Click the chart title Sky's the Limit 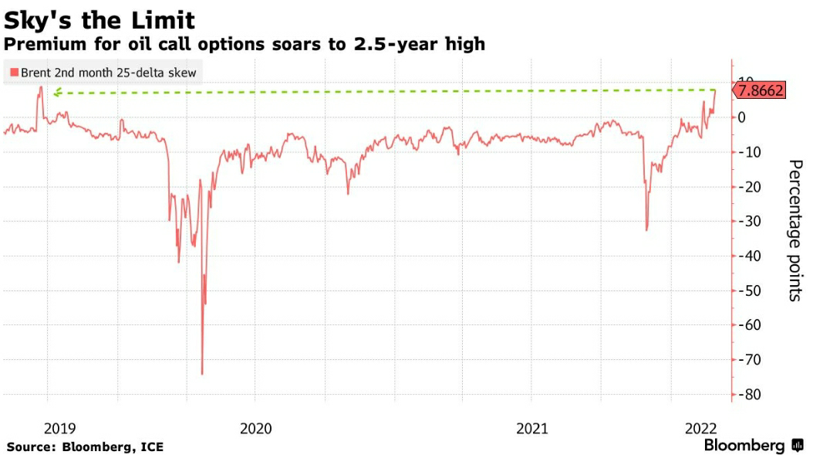coord(100,19)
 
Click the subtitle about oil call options coord(245,44)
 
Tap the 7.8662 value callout coord(761,91)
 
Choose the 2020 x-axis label coord(255,429)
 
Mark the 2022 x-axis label coord(702,429)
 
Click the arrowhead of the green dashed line coord(56,93)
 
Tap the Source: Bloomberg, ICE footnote coord(85,447)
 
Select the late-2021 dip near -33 coord(646,229)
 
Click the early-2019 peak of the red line coord(40,87)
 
